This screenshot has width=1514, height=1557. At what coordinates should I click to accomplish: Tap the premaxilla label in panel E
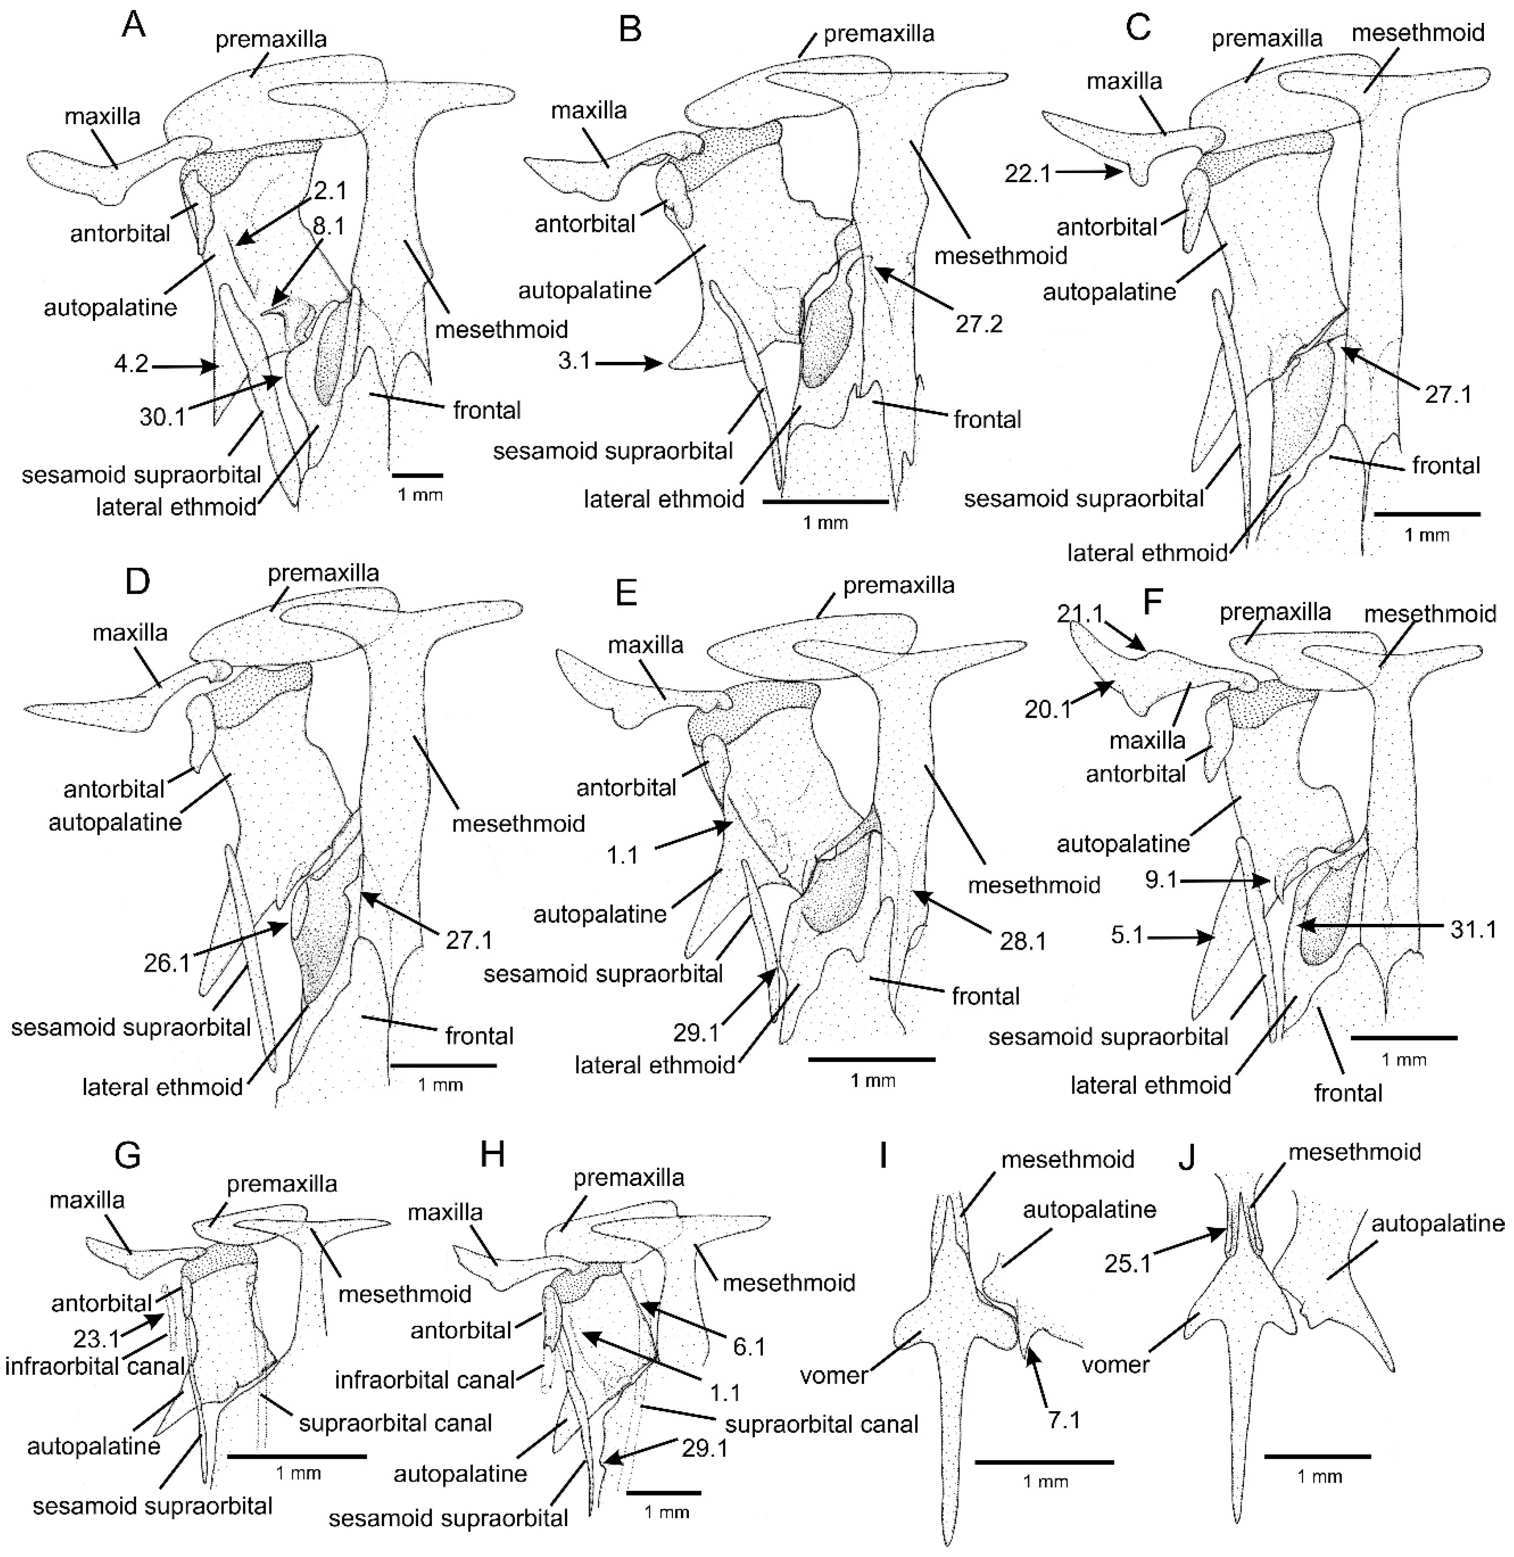coord(899,586)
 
